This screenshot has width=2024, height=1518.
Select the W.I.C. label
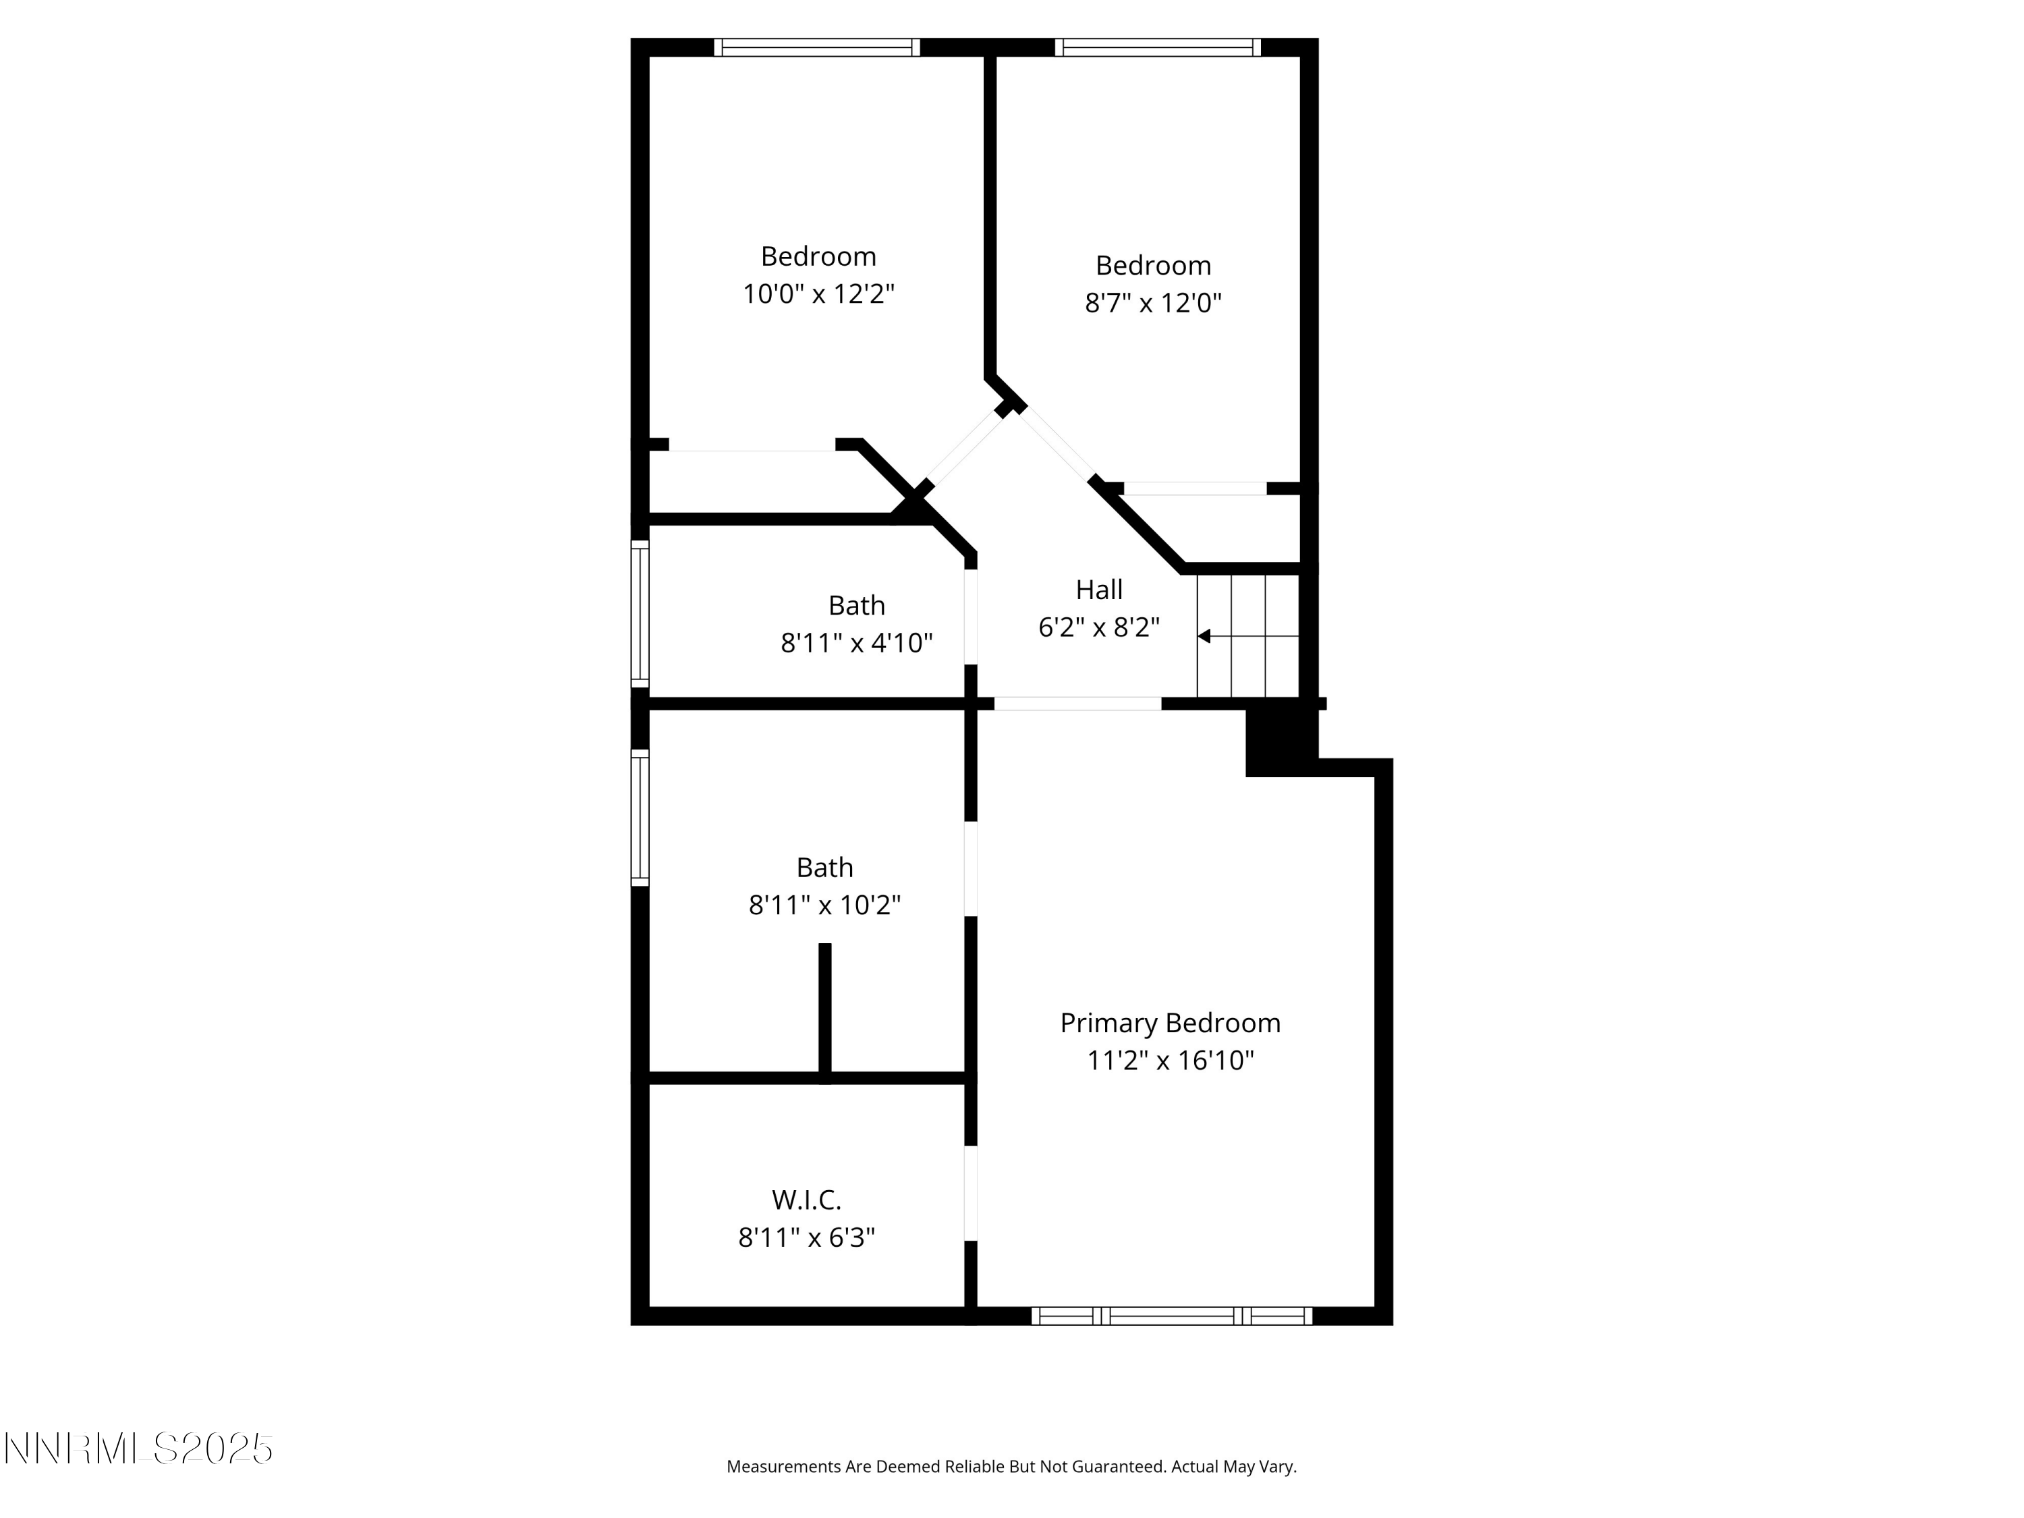(x=806, y=1200)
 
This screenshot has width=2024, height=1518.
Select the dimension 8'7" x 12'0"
(x=1153, y=303)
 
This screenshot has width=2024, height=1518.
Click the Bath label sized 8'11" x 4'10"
(x=856, y=606)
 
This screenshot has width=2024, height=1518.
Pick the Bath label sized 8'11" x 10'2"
(x=824, y=868)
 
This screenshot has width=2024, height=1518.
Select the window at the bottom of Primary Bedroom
(x=1171, y=1316)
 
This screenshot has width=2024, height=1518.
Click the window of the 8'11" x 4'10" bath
(x=640, y=613)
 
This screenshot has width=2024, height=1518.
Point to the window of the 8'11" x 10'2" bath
(x=640, y=818)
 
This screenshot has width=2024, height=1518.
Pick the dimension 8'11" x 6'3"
(x=806, y=1238)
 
